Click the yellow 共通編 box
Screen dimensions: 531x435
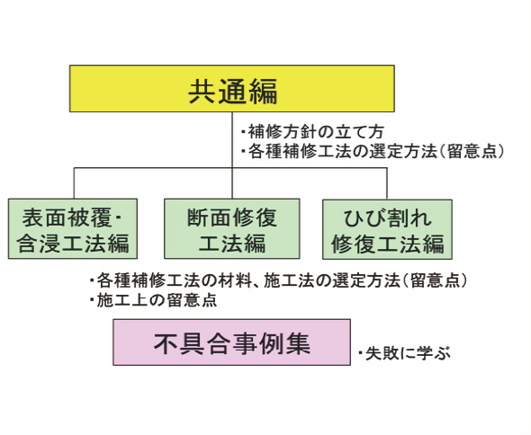[x=232, y=88]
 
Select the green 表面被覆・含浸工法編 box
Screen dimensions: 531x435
[x=73, y=228]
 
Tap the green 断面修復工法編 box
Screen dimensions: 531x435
[x=232, y=228]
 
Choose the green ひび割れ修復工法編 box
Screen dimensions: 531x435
[x=387, y=229]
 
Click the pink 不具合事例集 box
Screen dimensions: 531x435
[x=231, y=342]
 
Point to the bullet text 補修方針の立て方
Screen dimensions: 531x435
[x=312, y=131]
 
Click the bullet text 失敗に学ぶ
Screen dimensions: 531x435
[x=405, y=354]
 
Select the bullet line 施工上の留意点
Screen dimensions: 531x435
[x=153, y=300]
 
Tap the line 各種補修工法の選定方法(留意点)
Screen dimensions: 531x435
[x=373, y=151]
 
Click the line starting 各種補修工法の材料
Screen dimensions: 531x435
[x=278, y=280]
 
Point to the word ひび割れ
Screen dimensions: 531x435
[x=387, y=218]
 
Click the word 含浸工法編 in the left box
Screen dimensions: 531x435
[x=73, y=243]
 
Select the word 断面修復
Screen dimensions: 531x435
[x=232, y=217]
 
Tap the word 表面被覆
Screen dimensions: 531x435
[x=67, y=217]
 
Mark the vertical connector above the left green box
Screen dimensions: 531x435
[x=74, y=183]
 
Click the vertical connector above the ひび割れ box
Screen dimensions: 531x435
[x=387, y=183]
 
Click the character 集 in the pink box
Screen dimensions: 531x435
[x=298, y=343]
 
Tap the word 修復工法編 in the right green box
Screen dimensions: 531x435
[x=387, y=244]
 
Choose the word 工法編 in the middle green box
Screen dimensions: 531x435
[x=232, y=243]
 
